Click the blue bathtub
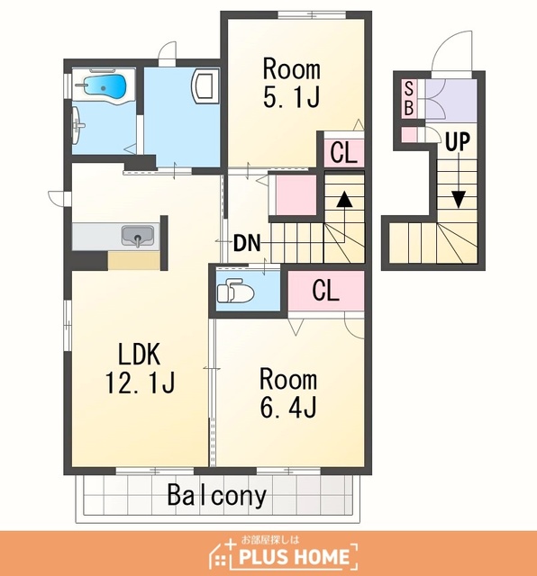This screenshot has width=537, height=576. click(105, 87)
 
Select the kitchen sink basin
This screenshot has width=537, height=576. click(137, 236)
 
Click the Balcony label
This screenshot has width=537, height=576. click(216, 495)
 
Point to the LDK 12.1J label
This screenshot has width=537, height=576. click(140, 368)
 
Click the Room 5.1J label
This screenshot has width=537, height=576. click(291, 83)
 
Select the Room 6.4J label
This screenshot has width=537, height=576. click(288, 393)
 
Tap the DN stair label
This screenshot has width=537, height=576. click(247, 243)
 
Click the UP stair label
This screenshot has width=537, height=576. click(458, 141)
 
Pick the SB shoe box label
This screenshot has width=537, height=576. click(409, 98)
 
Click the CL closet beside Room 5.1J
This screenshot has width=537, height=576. click(343, 152)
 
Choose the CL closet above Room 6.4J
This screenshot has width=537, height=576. click(326, 290)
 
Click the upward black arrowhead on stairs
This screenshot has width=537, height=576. click(344, 199)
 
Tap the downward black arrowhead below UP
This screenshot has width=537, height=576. click(459, 199)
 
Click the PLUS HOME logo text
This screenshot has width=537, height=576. click(294, 556)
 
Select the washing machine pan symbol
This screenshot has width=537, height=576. click(205, 86)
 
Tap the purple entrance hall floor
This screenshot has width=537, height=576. click(451, 100)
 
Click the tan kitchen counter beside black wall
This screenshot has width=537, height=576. click(134, 261)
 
